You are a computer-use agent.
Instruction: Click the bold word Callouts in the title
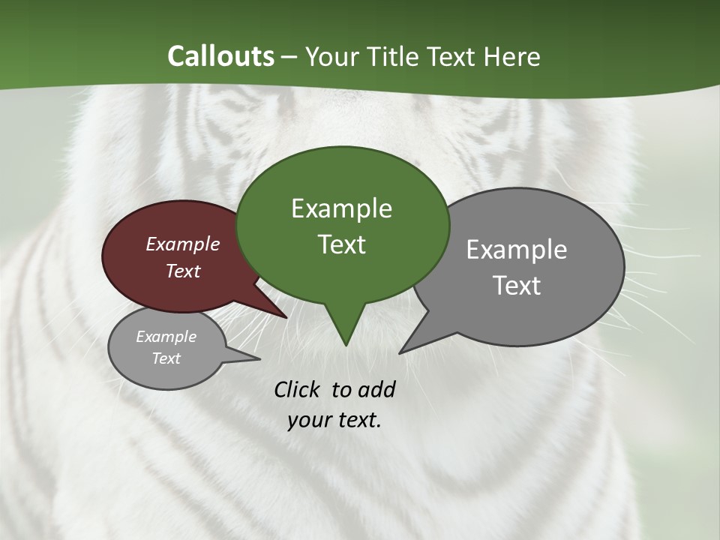(220, 56)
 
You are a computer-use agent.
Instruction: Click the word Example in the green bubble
(341, 208)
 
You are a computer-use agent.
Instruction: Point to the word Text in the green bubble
(341, 244)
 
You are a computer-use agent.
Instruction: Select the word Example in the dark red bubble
(183, 244)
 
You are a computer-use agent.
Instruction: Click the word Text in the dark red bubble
(183, 271)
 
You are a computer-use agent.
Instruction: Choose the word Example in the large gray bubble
(517, 250)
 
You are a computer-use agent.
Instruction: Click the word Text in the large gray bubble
(517, 285)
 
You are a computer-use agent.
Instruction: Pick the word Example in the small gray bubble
(166, 337)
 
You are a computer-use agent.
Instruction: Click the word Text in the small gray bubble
(166, 358)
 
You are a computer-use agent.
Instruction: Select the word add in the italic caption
(376, 389)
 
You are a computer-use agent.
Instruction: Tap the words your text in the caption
(334, 420)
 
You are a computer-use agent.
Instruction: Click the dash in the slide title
(289, 57)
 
